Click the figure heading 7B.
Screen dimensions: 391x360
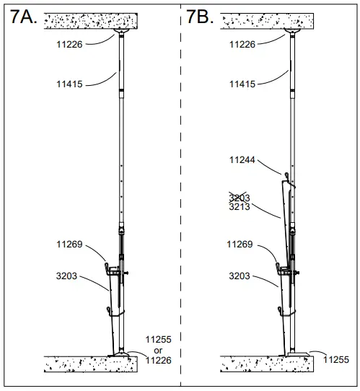200,17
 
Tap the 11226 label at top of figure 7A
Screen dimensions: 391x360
71,44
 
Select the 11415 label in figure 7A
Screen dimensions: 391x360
71,84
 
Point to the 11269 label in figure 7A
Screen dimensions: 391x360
71,245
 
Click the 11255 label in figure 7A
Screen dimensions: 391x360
159,338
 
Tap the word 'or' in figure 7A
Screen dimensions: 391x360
158,349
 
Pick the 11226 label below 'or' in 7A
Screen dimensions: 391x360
159,360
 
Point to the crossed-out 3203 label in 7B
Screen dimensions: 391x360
240,196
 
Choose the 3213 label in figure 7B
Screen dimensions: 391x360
240,206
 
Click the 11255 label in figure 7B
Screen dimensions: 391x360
337,359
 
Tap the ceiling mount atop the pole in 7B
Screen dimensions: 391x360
294,33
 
